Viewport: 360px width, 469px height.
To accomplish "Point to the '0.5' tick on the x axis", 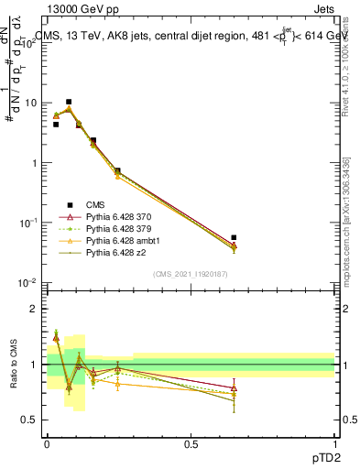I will click(191, 444).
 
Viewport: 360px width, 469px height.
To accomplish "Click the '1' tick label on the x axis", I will click(335, 444).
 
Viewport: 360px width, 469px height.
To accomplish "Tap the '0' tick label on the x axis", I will click(47, 444).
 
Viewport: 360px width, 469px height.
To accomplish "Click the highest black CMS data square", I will click(69, 102).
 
